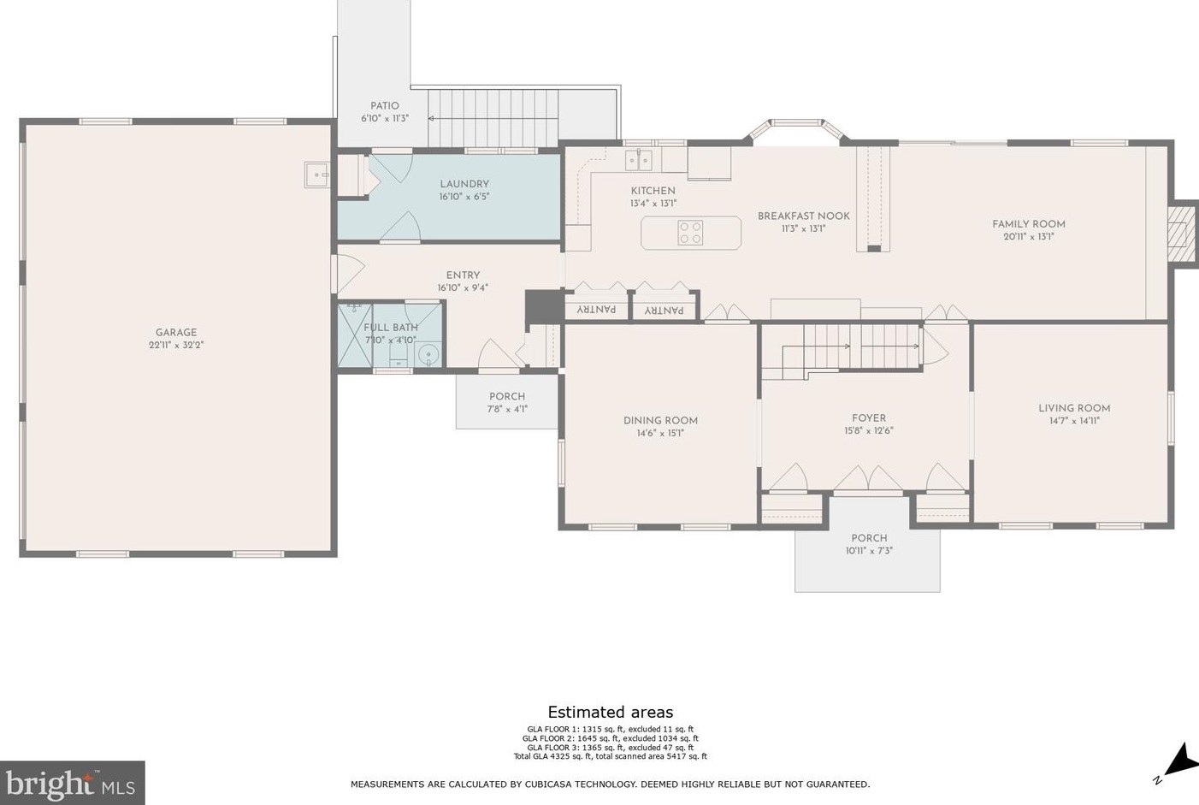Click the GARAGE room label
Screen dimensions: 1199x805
pos(176,333)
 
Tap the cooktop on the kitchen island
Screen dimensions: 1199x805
pos(690,233)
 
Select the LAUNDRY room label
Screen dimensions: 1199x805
pos(464,184)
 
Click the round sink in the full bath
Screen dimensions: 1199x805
pos(428,354)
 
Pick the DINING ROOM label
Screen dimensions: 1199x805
pos(660,420)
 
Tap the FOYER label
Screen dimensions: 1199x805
pos(869,417)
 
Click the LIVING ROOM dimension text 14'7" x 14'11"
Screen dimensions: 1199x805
pos(1074,421)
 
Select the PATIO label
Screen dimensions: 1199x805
pos(384,105)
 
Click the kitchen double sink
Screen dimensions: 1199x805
pos(639,160)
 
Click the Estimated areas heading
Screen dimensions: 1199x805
pos(611,712)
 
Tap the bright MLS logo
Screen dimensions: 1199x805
pos(72,783)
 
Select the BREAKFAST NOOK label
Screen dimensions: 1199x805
pos(803,216)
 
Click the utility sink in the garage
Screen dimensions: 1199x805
pos(317,175)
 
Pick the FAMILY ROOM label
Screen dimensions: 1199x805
pos(1028,224)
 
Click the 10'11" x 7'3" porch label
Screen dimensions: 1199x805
pos(869,551)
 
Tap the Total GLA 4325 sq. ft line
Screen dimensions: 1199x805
pos(611,756)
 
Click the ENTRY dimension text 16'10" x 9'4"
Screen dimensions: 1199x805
pos(463,287)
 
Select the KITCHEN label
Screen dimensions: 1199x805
pos(653,191)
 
